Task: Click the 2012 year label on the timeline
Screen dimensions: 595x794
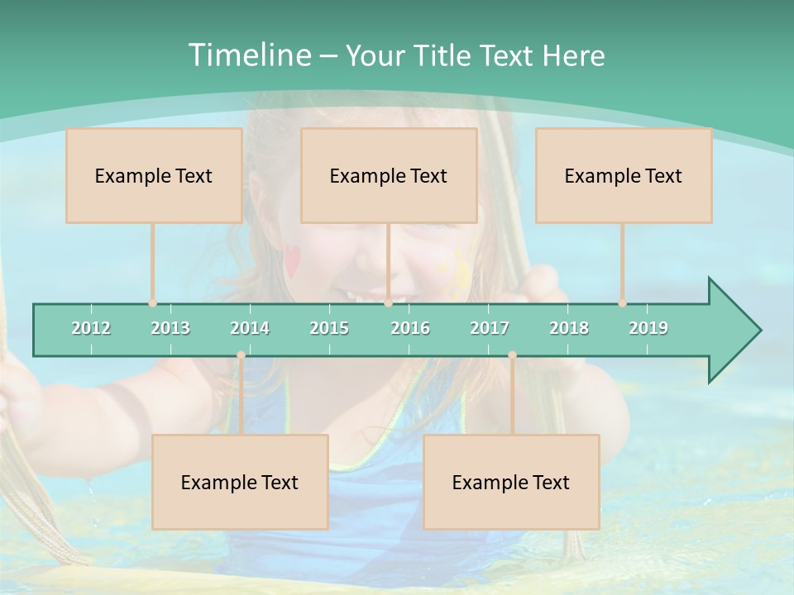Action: tap(91, 328)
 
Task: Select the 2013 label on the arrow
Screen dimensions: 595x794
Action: tap(170, 328)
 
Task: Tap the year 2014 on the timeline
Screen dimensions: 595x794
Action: tap(250, 328)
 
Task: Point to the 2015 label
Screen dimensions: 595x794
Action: tap(329, 328)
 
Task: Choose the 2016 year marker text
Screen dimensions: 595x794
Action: tap(410, 328)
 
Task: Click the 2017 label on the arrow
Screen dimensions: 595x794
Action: tap(490, 328)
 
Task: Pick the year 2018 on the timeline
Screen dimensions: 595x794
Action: tap(569, 328)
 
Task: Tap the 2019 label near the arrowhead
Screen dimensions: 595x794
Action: tap(648, 328)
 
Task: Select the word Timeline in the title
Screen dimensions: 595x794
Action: tap(248, 55)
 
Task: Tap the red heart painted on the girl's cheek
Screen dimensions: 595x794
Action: tap(293, 261)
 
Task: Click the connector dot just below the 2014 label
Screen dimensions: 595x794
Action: tap(241, 355)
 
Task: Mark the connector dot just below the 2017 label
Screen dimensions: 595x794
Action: tap(512, 355)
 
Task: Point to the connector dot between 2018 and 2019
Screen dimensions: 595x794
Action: tap(622, 303)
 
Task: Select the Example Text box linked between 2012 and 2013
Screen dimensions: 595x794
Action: tap(154, 175)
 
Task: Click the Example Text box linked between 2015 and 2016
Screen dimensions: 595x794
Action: tap(389, 175)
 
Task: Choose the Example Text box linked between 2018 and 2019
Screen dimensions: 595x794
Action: tap(624, 175)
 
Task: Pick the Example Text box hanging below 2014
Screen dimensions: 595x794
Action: tap(240, 482)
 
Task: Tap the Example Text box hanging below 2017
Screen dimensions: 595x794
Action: tap(511, 482)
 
